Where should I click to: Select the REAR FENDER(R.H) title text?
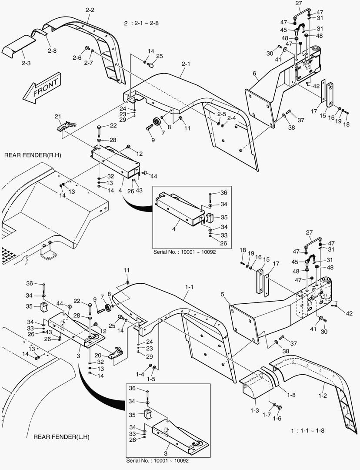30,155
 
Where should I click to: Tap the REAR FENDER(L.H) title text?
62,436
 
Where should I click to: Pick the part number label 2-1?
186,64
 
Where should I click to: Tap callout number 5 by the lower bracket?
223,294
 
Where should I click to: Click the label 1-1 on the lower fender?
189,288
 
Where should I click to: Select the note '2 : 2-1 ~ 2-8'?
141,23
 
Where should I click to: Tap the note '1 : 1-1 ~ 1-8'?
308,430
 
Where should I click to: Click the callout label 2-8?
52,51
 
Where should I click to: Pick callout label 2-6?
77,58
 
